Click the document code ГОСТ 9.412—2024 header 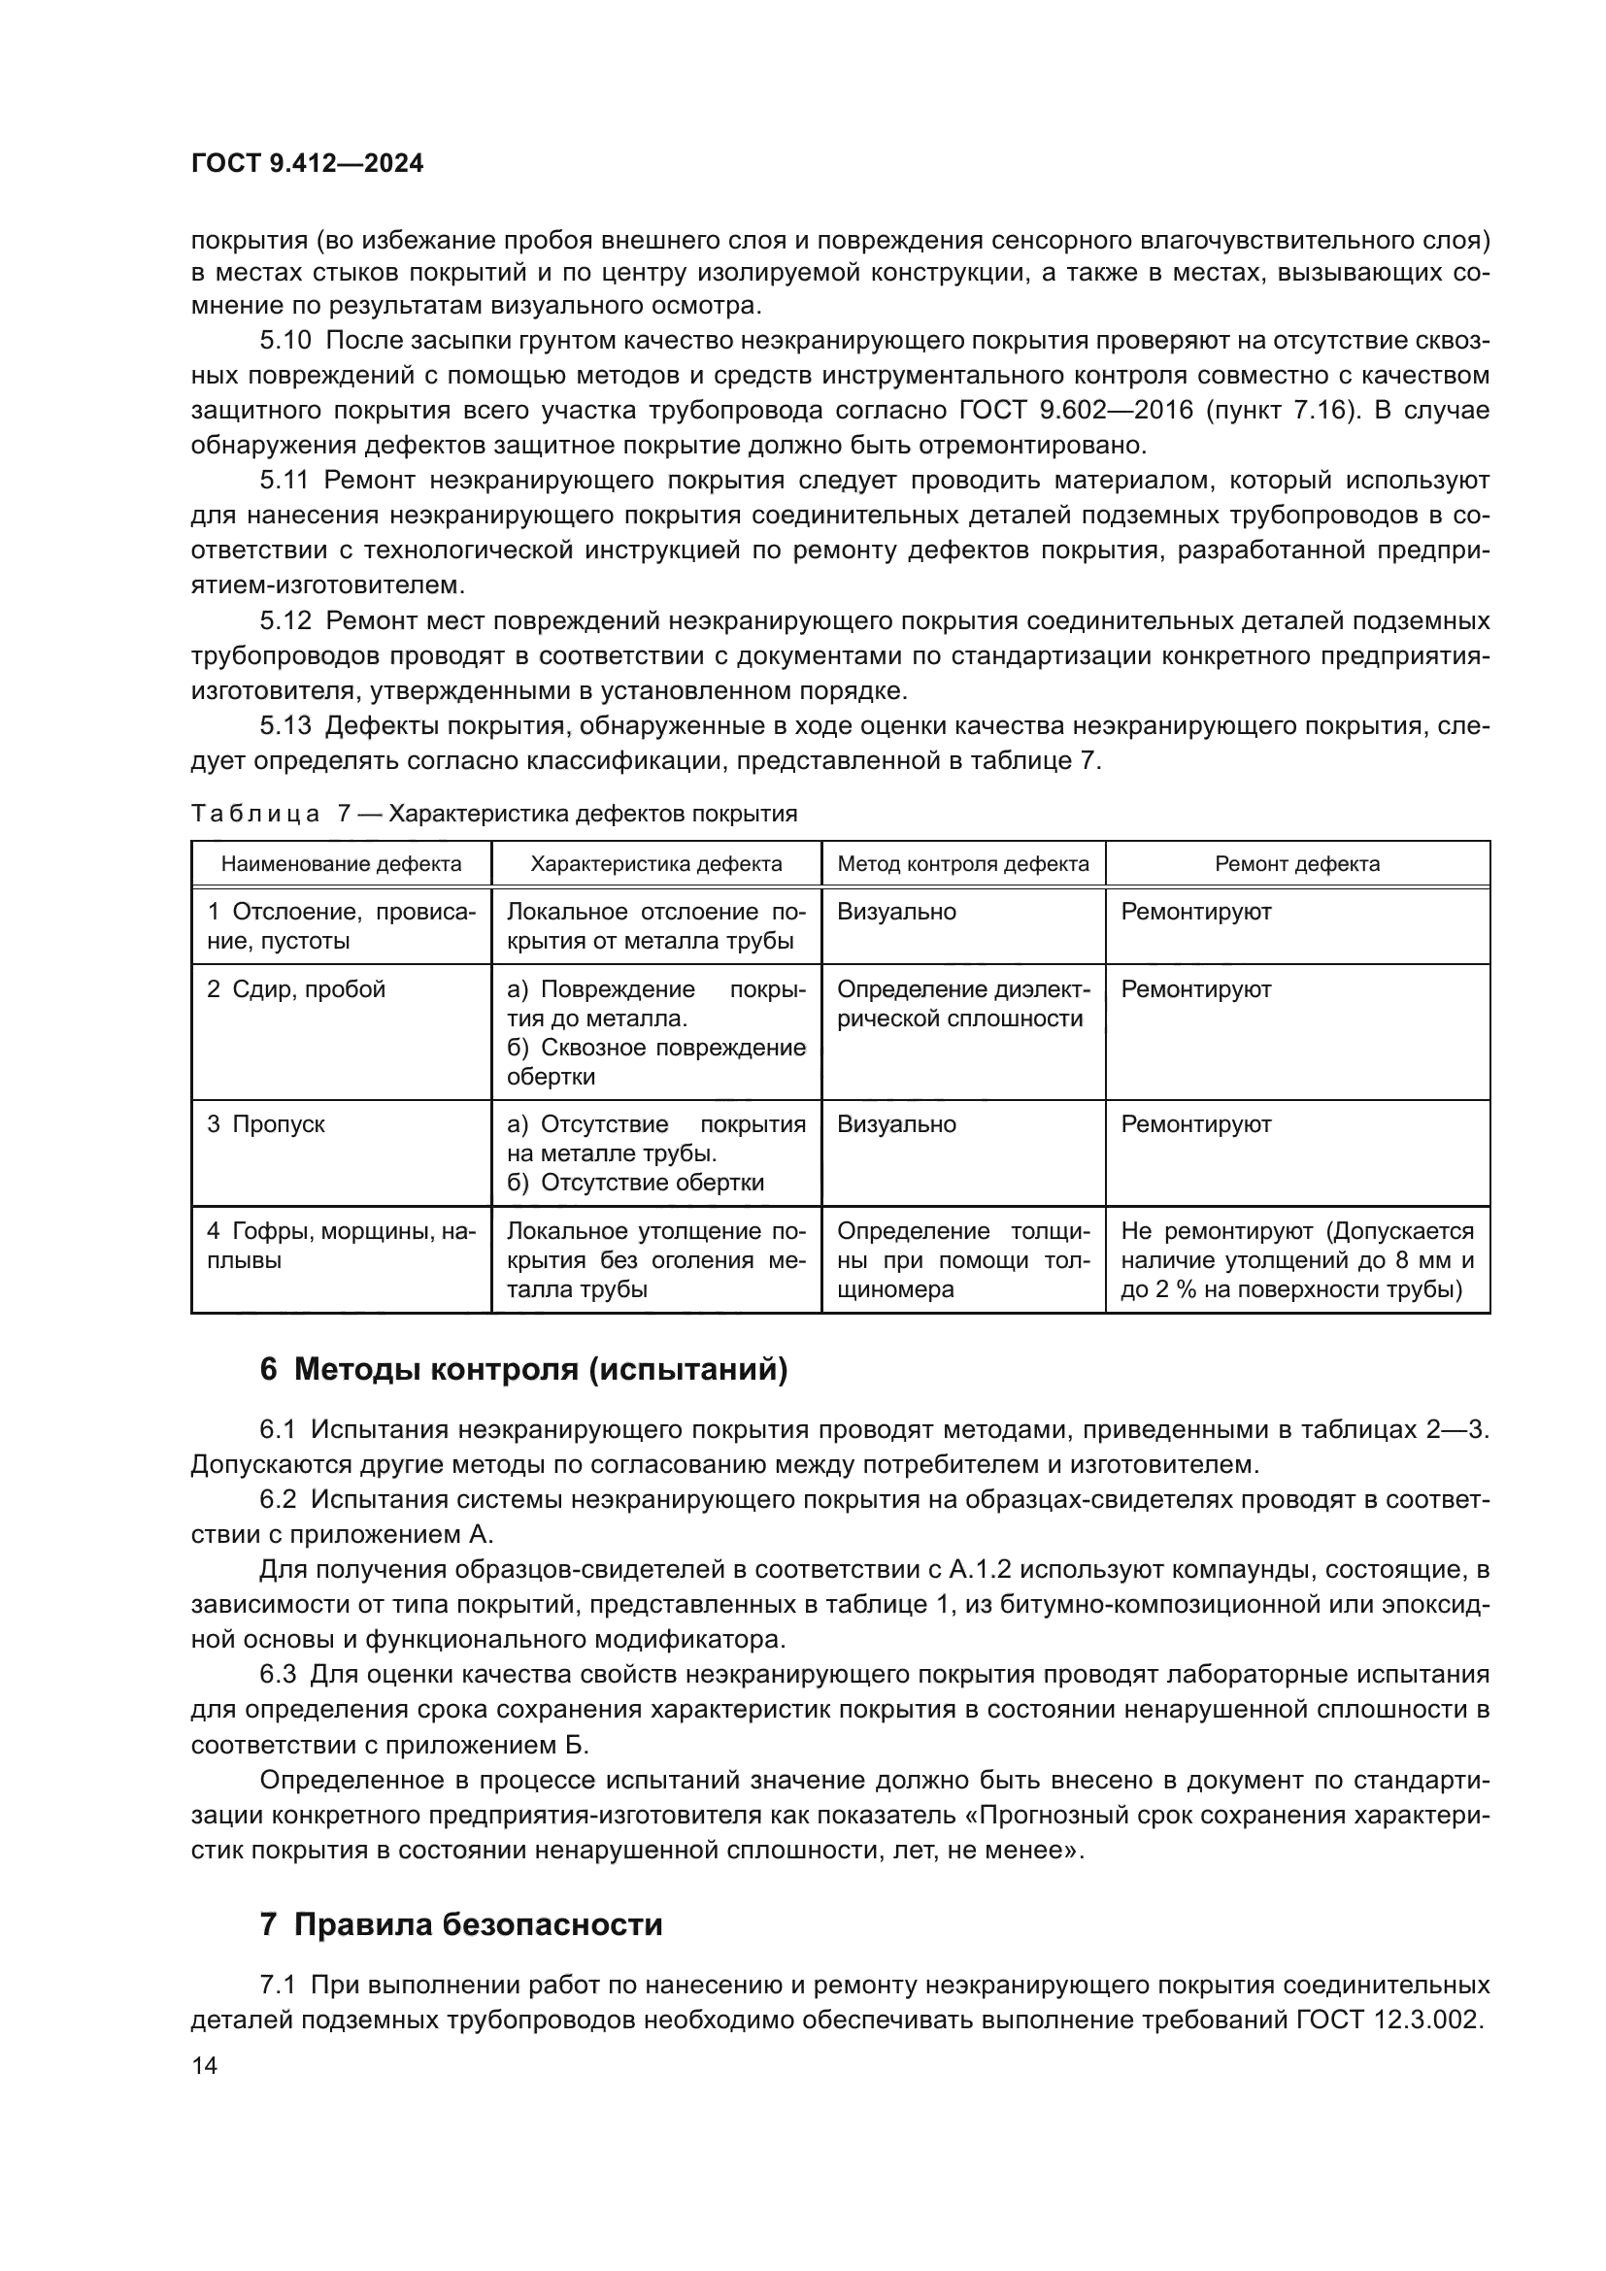point(307,163)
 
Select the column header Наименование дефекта point(341,863)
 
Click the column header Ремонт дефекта point(1296,863)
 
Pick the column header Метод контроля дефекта point(962,863)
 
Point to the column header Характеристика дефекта point(655,863)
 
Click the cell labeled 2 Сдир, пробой point(296,989)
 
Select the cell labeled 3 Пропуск point(266,1124)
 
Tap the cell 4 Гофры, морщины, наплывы point(340,1246)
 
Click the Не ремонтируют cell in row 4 point(1296,1259)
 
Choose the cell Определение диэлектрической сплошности point(962,1003)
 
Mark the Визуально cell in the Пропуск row point(896,1124)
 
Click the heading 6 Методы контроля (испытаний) point(523,1370)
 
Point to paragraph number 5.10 point(284,340)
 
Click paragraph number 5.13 point(284,726)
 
